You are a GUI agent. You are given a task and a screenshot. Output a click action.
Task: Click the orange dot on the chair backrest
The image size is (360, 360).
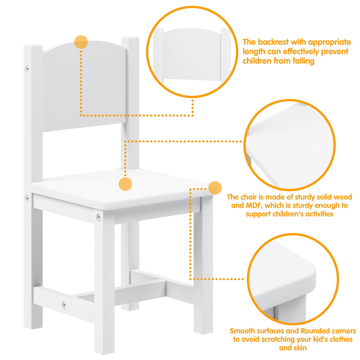[81, 42]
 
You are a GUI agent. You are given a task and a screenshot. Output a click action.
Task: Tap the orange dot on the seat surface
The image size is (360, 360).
[125, 184]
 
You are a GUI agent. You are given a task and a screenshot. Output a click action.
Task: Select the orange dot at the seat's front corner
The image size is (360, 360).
[215, 188]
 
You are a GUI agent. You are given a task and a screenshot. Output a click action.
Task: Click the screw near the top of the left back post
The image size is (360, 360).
[27, 69]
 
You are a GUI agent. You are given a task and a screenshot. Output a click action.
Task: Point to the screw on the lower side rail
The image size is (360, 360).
[63, 305]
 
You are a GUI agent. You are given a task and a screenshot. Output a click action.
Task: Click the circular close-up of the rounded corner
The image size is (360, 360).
[293, 279]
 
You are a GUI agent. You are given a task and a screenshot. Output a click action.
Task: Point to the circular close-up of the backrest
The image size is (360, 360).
[192, 52]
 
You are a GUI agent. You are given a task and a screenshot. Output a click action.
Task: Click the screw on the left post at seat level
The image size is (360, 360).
[27, 198]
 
